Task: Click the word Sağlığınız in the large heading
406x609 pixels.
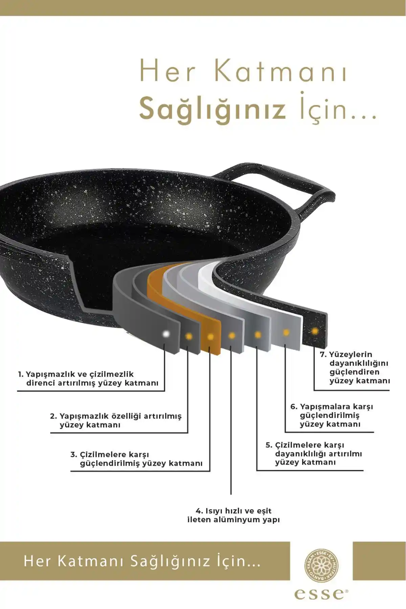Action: click(212, 109)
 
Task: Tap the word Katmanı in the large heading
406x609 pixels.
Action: click(281, 72)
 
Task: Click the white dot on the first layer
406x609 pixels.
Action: click(166, 334)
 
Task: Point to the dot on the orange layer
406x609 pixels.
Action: click(210, 337)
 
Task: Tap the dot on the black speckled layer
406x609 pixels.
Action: click(315, 331)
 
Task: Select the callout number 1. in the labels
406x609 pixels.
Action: click(21, 374)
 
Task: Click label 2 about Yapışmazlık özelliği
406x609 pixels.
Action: click(116, 420)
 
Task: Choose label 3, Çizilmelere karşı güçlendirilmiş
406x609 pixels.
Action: click(136, 459)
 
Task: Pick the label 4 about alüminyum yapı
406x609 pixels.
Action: click(233, 515)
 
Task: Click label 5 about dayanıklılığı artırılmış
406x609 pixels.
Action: click(314, 454)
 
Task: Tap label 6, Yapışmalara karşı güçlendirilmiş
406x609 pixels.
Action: click(332, 415)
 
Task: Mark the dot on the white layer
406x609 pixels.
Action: click(286, 333)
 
